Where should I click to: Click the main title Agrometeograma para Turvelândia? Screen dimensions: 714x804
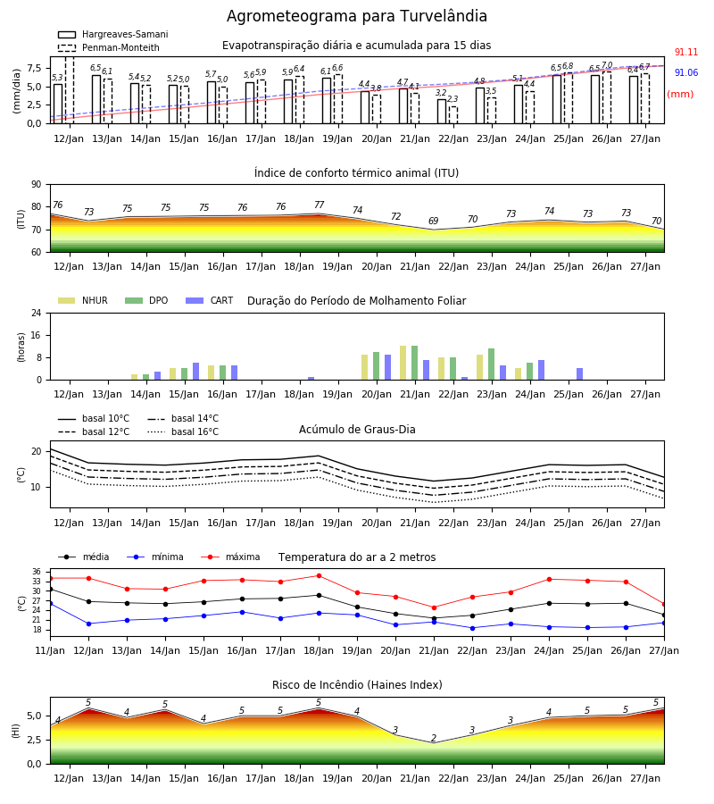(x=356, y=16)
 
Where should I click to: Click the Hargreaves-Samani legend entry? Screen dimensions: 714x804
(x=113, y=34)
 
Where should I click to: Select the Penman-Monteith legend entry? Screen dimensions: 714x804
(x=109, y=47)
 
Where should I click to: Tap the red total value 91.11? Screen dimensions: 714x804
(x=686, y=53)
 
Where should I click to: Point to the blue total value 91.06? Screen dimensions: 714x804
(x=686, y=73)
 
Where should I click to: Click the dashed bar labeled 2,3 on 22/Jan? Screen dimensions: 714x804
(x=453, y=115)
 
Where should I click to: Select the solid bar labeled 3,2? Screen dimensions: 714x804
(x=442, y=112)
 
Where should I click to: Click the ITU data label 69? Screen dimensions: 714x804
(x=434, y=221)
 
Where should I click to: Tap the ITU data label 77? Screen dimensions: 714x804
(x=320, y=205)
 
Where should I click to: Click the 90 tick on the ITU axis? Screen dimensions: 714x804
(x=37, y=185)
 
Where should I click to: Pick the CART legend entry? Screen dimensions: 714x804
(x=210, y=300)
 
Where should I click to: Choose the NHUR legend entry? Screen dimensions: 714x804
(x=83, y=300)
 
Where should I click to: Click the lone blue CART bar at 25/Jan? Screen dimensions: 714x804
(x=580, y=374)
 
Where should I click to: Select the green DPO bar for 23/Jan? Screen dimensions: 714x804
(x=491, y=364)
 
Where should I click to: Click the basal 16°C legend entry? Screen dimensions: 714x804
(x=183, y=431)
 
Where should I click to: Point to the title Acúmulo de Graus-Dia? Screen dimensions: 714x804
(x=357, y=430)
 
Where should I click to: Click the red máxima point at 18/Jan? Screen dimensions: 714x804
(x=320, y=576)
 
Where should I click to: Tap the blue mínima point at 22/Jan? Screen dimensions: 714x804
(x=472, y=628)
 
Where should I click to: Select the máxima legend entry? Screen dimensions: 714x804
(x=230, y=557)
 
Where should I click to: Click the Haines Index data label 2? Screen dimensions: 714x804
(x=434, y=738)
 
